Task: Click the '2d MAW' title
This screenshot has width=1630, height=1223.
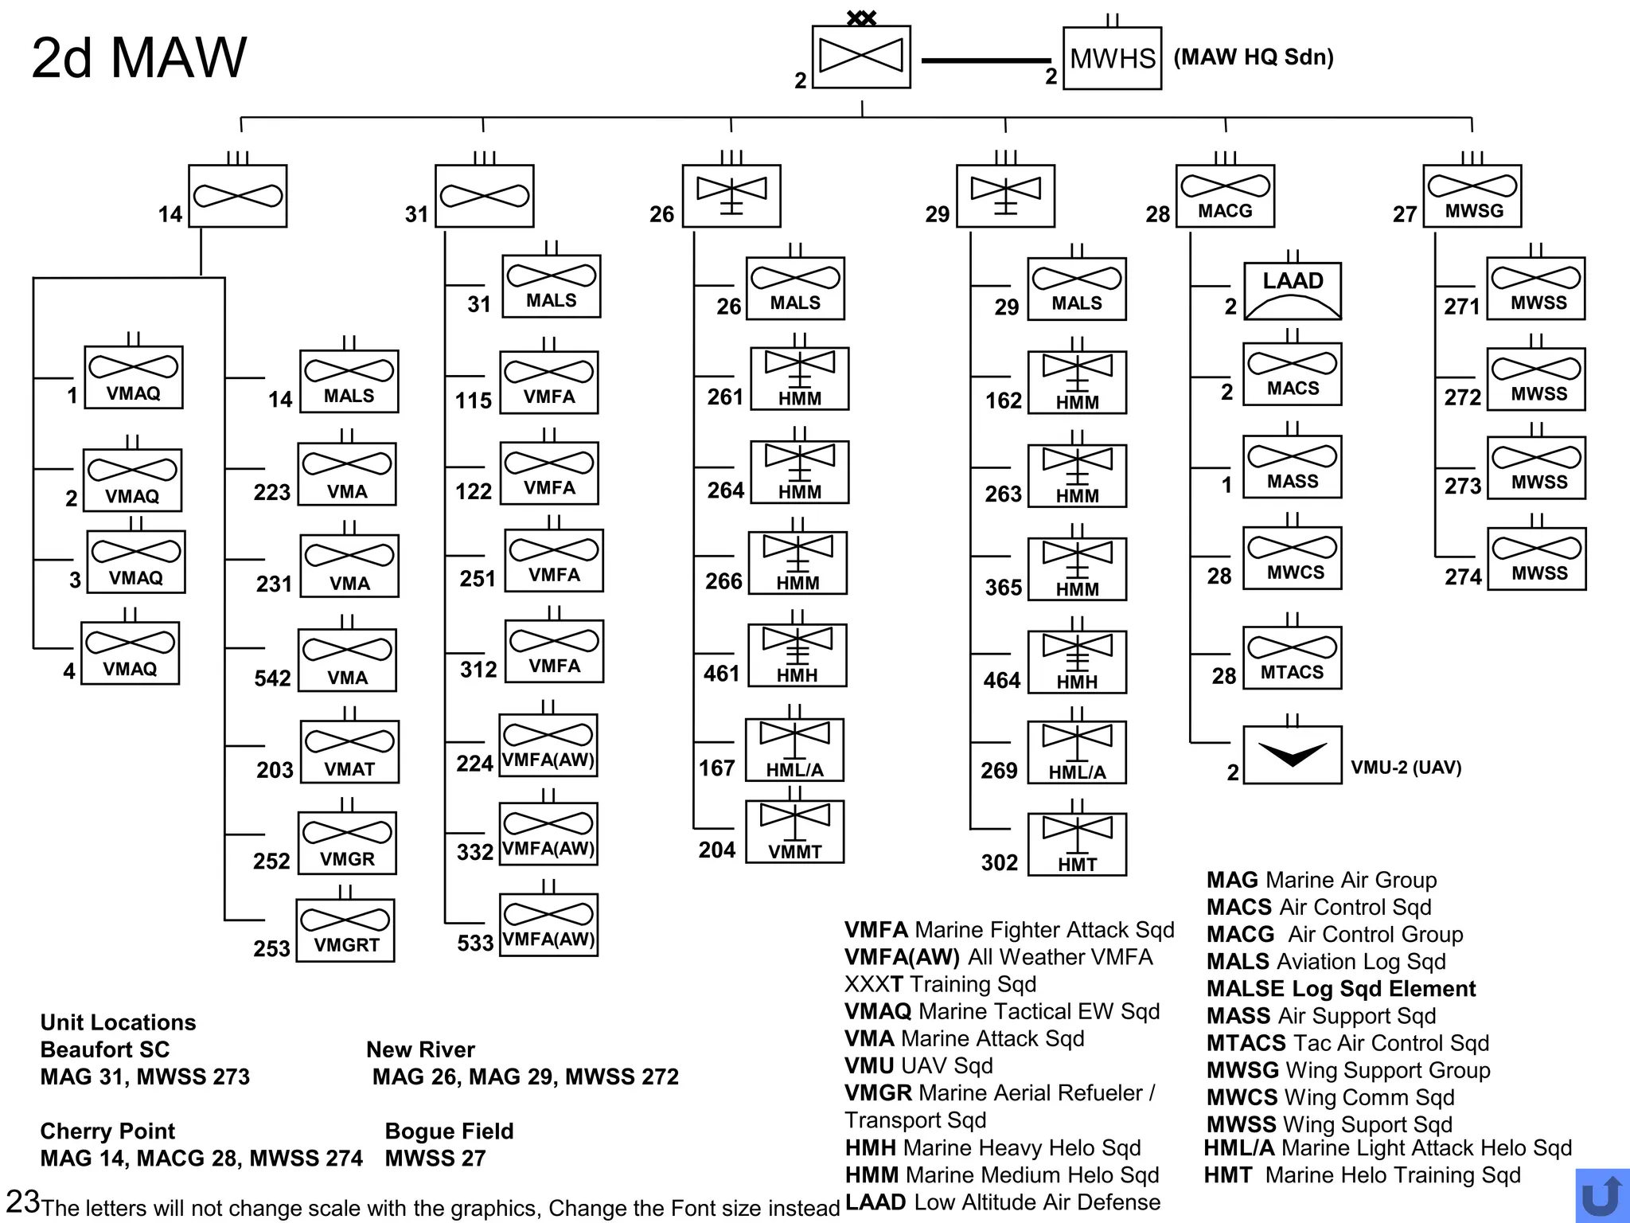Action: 139,58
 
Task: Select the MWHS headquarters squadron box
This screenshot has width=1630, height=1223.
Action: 1112,58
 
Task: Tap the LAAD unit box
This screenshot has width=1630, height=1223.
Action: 1293,291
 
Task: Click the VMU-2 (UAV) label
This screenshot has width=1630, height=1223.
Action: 1406,768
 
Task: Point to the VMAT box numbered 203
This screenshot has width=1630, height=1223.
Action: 349,752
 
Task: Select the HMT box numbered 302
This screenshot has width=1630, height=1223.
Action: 1077,844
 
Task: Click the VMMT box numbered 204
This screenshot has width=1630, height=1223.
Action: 794,831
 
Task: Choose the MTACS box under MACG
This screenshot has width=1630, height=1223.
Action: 1292,658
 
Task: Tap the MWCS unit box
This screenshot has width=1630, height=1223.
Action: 1293,557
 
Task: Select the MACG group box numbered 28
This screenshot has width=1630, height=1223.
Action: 1225,196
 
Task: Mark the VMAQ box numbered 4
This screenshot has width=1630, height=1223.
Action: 130,653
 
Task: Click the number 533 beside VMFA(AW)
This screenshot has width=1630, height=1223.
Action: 475,944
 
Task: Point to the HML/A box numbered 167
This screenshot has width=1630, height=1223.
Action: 794,750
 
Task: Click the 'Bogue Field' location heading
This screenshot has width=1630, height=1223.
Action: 449,1131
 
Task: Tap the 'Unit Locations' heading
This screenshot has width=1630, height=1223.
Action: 118,1022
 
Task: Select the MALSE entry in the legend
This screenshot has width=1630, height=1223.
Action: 1340,989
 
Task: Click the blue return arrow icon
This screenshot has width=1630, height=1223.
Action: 1601,1195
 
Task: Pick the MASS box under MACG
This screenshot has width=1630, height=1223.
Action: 1293,467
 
